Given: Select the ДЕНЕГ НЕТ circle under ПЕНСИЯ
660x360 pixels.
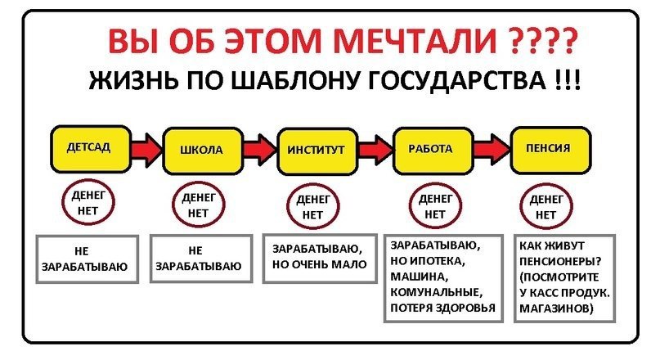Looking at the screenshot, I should [545, 206].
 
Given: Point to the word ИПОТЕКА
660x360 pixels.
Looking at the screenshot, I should [442, 261].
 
